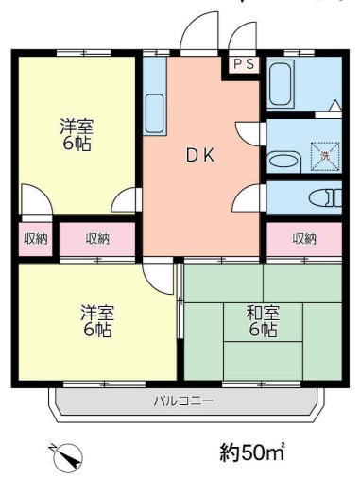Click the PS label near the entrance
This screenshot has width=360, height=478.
(243, 64)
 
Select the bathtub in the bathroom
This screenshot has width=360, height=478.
(283, 85)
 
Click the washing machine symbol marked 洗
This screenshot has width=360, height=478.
(324, 154)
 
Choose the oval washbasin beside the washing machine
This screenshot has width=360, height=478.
(283, 160)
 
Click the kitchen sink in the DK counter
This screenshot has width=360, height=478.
(155, 113)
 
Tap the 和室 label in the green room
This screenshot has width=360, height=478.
(262, 313)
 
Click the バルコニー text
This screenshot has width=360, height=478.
(183, 401)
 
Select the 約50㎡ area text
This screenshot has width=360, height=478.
(252, 452)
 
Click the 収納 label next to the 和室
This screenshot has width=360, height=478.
(303, 238)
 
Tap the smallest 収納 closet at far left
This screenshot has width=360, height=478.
(35, 239)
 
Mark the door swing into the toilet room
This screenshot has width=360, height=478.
(249, 196)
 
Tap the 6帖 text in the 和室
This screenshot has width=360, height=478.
(263, 331)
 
